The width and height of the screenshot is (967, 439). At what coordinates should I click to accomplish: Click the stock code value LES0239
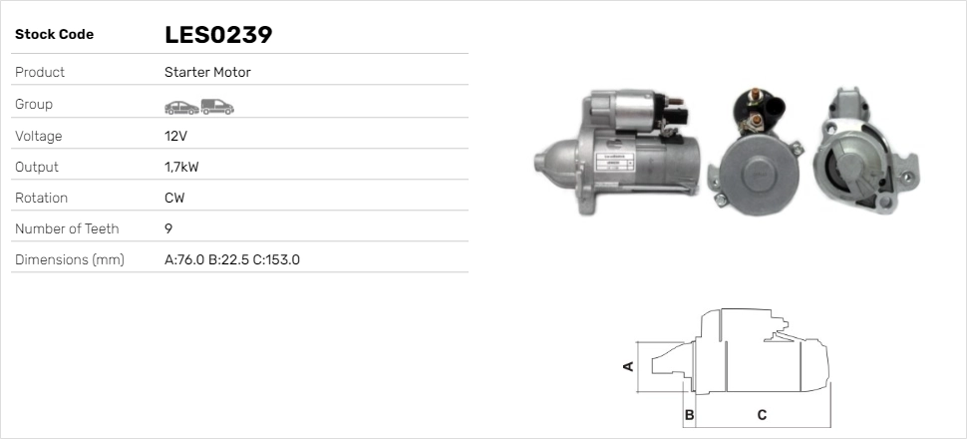[x=218, y=35]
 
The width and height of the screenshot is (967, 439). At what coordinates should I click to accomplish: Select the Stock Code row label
[x=54, y=35]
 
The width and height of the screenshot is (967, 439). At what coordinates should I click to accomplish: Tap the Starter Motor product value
[x=207, y=72]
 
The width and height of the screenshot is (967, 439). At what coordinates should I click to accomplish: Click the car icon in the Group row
[x=181, y=108]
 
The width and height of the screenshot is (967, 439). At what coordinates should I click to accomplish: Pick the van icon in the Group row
[x=217, y=107]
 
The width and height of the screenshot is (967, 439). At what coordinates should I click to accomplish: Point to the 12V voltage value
[x=175, y=136]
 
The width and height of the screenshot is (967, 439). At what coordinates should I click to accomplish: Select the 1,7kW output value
[x=181, y=168]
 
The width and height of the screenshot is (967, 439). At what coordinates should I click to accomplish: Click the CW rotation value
[x=174, y=199]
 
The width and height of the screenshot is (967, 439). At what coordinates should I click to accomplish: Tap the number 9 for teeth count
[x=168, y=229]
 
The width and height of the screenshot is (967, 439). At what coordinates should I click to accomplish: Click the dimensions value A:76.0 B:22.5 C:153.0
[x=232, y=260]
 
